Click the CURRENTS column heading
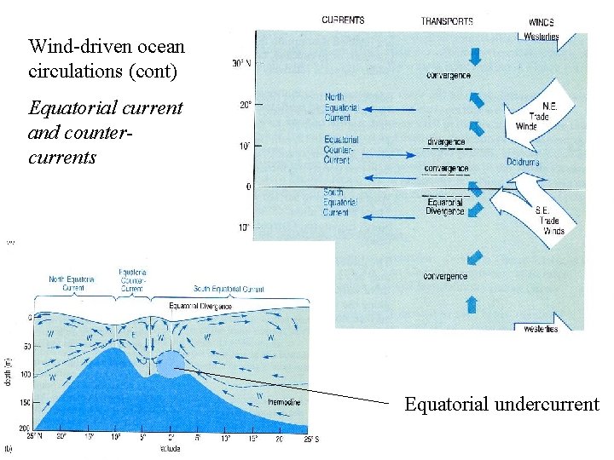343,20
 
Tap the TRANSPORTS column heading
447,20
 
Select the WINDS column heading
541,22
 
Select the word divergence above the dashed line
446,141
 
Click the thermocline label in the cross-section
283,401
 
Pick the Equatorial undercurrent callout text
501,404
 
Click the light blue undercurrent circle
170,364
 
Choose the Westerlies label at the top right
541,37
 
